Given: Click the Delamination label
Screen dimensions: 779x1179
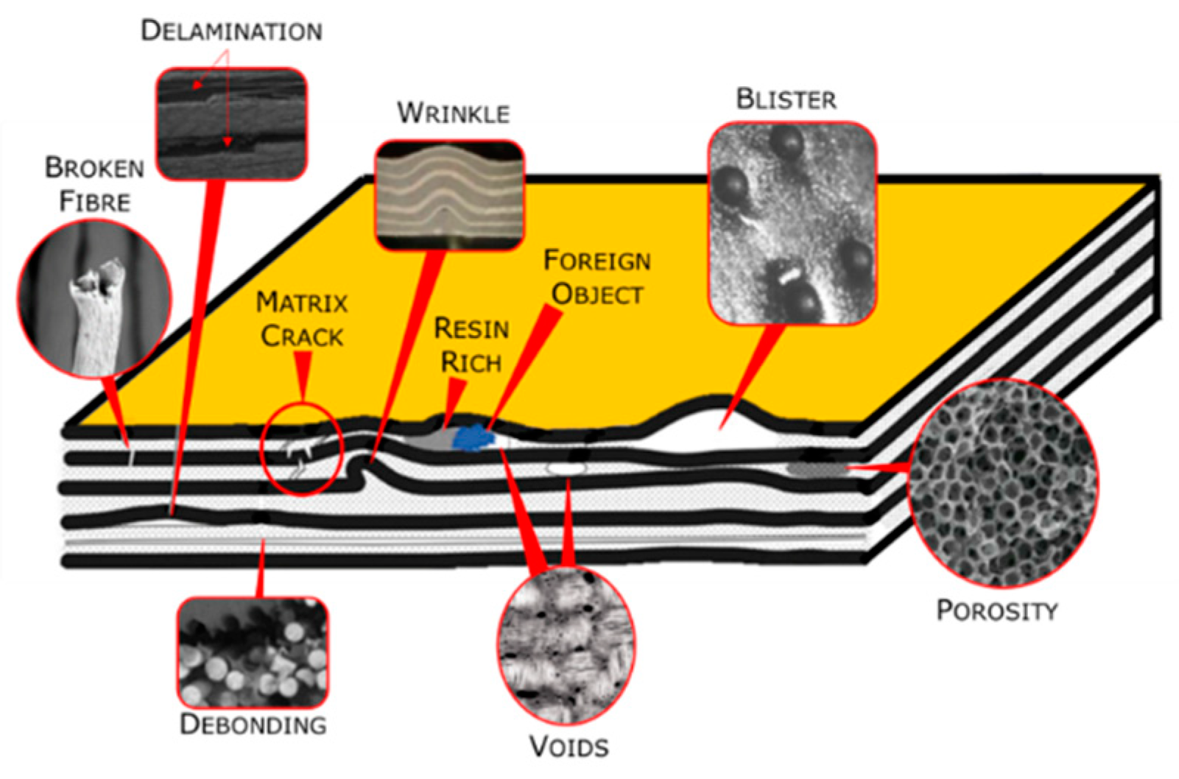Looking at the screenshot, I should click(231, 31).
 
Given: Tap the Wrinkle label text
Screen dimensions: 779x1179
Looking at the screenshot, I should click(453, 113).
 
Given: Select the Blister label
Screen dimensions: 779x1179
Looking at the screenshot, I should click(786, 99).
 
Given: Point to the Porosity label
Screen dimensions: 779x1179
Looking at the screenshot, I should click(996, 610).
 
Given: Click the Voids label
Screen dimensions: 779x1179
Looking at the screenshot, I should click(569, 747).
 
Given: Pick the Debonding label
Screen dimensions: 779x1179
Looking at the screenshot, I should click(253, 724).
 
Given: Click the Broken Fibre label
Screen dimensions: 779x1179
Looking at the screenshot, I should click(94, 184).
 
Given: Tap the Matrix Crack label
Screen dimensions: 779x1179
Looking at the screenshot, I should click(302, 320).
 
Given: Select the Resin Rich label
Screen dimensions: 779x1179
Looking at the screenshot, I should click(471, 345).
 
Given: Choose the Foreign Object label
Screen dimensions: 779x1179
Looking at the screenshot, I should click(596, 277).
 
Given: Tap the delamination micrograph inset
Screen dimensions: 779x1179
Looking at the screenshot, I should click(231, 124).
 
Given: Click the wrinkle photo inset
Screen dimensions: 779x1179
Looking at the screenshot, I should click(449, 194).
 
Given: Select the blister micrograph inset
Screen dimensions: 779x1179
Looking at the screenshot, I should click(792, 224).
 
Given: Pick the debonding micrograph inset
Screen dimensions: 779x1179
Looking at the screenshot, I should click(253, 653).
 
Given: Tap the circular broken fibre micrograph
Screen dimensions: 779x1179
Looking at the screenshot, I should click(94, 298).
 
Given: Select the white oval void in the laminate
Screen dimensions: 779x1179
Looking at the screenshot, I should click(566, 468).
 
